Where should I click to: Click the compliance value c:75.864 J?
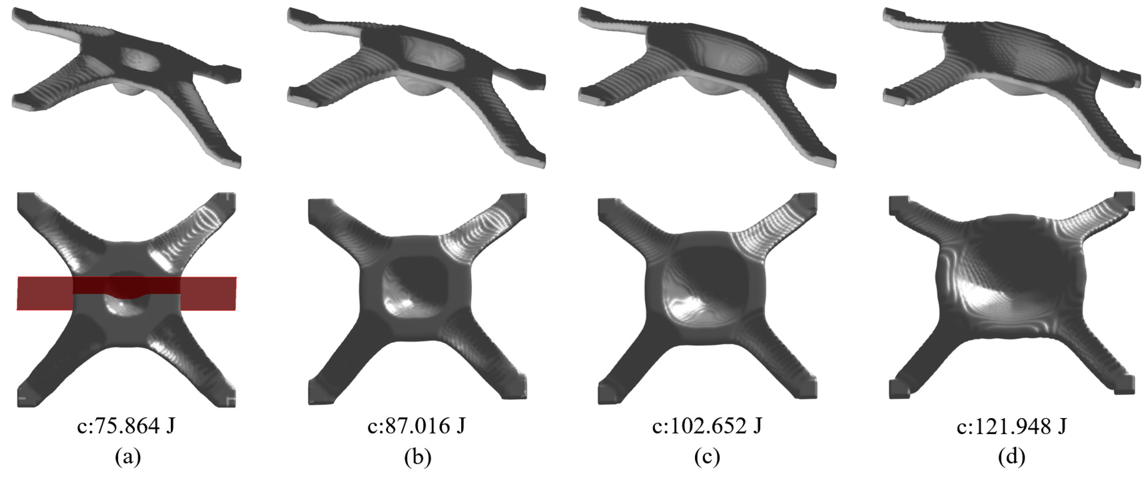coord(126,427)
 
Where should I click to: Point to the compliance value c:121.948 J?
coord(1012,427)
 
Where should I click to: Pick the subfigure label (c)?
coord(707,457)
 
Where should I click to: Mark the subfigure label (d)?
coord(1012,457)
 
